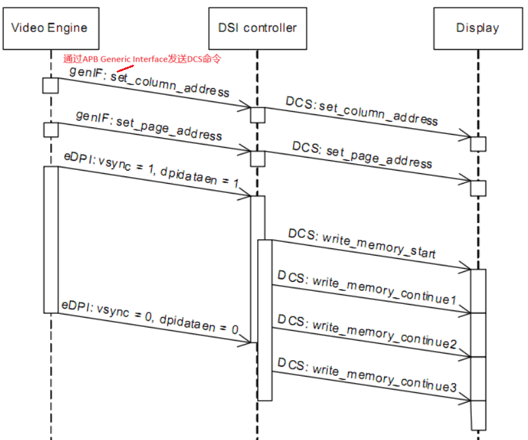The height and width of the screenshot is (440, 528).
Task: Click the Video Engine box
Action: coord(50,28)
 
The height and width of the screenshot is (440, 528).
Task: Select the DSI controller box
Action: coord(257,28)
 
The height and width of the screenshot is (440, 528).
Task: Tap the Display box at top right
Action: coord(478,28)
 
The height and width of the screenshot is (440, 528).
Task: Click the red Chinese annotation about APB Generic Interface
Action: coord(142,59)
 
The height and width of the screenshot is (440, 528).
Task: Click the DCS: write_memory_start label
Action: coord(362,244)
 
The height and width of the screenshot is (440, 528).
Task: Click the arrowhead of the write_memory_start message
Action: coord(466,267)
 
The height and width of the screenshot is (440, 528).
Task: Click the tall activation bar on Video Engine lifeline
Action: coord(50,239)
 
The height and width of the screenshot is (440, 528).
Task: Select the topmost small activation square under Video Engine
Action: coord(50,86)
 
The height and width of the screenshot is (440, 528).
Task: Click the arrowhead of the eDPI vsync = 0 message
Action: coord(247,341)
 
